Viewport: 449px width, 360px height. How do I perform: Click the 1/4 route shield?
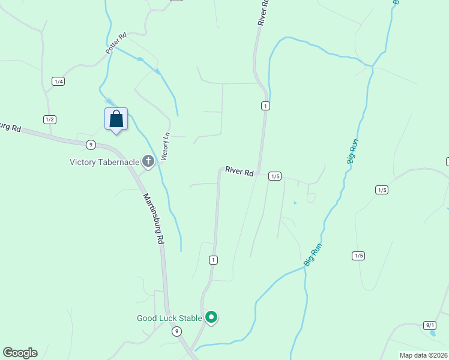tap(58, 82)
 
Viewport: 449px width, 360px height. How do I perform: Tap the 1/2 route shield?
tap(50, 119)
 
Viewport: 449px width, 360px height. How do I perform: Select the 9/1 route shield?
tap(429, 325)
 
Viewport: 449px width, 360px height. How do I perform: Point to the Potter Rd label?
tap(116, 44)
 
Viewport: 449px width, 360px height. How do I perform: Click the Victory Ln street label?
tap(166, 146)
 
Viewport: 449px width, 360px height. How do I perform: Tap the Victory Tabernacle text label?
tap(104, 161)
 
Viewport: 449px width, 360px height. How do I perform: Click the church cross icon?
tap(148, 161)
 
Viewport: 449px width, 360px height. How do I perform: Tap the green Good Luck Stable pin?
tap(211, 317)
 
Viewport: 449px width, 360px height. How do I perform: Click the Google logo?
tap(20, 353)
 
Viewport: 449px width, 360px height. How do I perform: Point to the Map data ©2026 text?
tap(423, 355)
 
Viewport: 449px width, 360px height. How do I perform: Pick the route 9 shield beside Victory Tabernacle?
tap(90, 144)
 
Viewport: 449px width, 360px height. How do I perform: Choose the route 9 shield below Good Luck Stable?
tap(176, 331)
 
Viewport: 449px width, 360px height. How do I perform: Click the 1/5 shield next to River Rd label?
tap(275, 176)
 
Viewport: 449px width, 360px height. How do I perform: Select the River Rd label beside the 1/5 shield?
tap(240, 172)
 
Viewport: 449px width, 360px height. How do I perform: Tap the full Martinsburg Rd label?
tap(153, 217)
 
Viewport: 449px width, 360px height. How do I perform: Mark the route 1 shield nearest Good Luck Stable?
tap(213, 260)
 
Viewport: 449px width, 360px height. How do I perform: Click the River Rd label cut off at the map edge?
tap(262, 12)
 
